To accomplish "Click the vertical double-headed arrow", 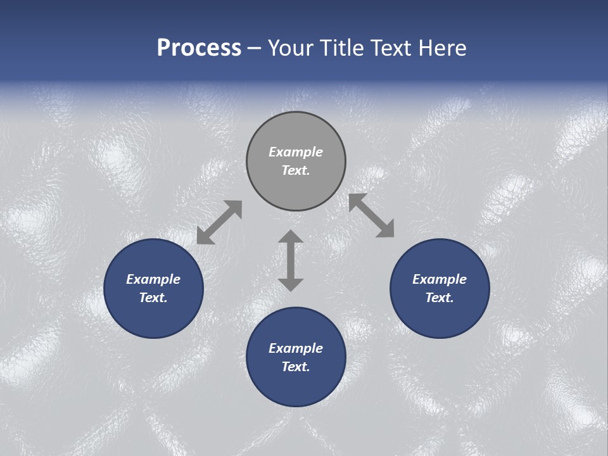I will click(291, 260).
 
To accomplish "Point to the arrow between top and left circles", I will click(219, 222).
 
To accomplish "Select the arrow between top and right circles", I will click(371, 215).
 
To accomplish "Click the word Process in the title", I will click(199, 48).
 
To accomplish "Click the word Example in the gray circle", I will click(296, 152).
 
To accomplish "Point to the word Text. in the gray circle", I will click(296, 170).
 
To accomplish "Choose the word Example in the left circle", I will click(153, 279).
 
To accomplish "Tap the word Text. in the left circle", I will click(153, 298).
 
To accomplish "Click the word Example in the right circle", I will click(440, 279).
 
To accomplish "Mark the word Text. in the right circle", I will click(440, 298).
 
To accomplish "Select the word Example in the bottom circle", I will click(296, 348).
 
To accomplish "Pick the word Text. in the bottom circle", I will click(296, 367).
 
